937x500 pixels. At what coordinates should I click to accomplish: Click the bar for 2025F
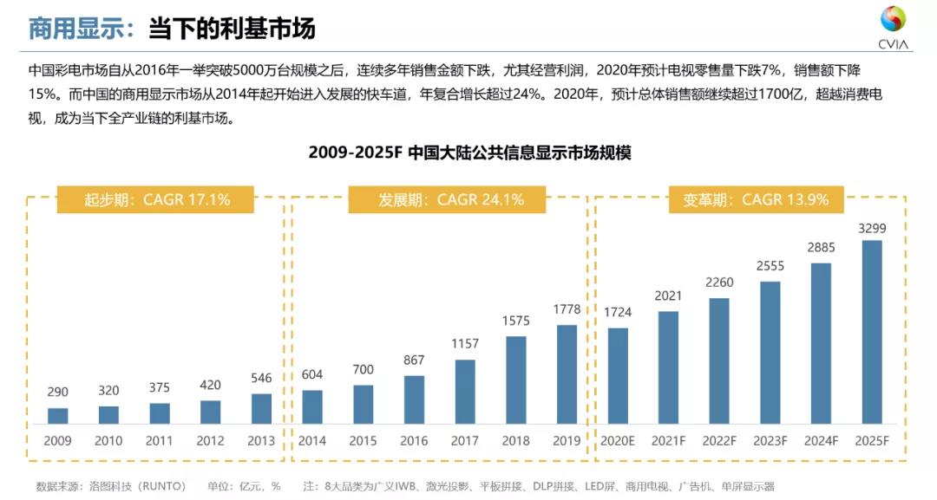point(871,332)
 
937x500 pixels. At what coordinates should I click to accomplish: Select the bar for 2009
point(58,415)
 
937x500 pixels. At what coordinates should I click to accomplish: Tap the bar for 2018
point(515,380)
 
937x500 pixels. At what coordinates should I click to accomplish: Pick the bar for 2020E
point(618,375)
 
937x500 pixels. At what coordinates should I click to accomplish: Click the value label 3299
point(871,229)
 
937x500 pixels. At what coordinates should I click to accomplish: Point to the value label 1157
point(465,345)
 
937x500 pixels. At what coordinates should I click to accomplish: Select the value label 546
point(261,379)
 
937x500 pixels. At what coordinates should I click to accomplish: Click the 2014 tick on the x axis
point(312,441)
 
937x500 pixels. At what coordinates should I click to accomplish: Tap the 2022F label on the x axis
point(719,441)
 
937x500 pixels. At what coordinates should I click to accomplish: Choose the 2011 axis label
point(160,441)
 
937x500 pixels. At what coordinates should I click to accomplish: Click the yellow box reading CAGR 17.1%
point(156,199)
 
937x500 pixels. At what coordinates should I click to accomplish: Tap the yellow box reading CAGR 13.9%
point(750,199)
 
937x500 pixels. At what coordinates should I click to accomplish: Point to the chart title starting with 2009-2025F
point(469,153)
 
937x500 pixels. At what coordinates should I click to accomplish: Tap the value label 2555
point(770,268)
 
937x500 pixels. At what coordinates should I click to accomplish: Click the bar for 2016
point(414,399)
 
